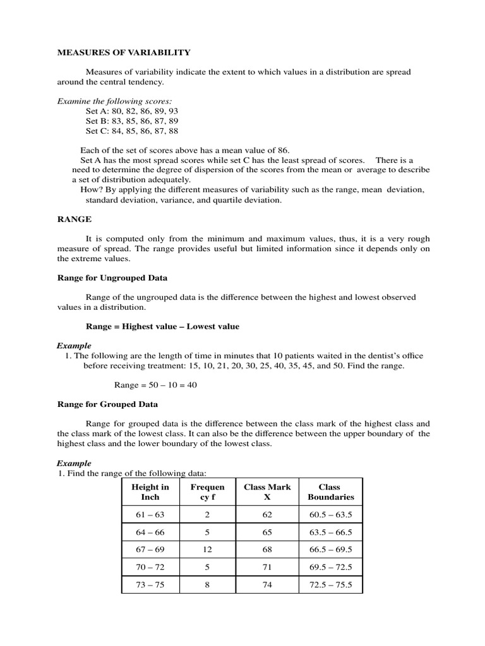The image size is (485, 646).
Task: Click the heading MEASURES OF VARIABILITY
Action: pos(124,52)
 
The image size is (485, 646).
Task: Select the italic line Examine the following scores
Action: pos(114,101)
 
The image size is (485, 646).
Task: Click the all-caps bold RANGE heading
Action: pos(75,219)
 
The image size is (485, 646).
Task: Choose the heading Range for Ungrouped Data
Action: pos(112,278)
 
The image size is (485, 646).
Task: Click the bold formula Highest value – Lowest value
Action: pos(162,326)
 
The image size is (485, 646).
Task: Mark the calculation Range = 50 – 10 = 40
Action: pos(155,385)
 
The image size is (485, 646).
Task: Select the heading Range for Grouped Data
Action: pos(107,404)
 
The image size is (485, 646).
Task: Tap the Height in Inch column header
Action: pos(150,491)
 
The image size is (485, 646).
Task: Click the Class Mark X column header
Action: pos(267,491)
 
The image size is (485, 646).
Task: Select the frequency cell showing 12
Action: pos(207,550)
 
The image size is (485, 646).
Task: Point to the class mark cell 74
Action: pos(267,585)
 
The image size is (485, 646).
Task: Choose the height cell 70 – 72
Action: pos(150,567)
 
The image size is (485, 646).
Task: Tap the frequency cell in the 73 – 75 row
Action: pos(207,585)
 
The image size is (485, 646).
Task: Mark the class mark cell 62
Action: pos(267,515)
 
